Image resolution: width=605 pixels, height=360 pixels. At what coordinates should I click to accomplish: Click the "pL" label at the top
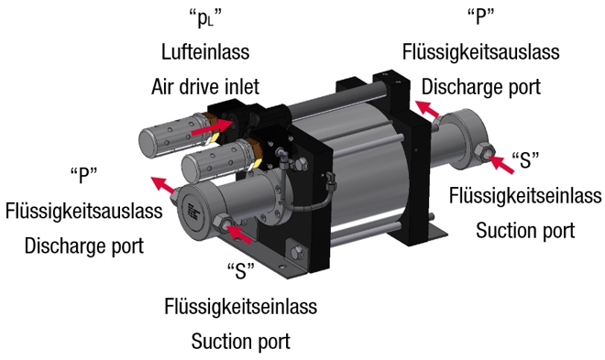coord(205,18)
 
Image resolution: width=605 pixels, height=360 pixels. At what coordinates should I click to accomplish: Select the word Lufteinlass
coord(205,51)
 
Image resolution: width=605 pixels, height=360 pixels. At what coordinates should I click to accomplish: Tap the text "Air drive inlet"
coord(205,86)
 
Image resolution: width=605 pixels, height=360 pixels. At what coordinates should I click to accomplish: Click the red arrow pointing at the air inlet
coord(212,126)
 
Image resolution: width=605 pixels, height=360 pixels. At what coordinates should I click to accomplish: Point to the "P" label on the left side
coord(83,175)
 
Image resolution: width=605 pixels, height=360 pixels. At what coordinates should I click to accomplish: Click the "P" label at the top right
coord(480,16)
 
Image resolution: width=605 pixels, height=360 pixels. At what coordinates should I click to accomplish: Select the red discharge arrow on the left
coord(163,185)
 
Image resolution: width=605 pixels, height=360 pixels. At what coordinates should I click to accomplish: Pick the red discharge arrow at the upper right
coord(427,108)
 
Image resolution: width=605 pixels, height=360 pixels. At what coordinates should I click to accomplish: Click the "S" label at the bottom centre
coord(241,270)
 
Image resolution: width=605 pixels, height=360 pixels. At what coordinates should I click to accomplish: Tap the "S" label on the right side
coord(525,160)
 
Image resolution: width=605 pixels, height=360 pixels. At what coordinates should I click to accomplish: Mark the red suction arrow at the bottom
coord(238,234)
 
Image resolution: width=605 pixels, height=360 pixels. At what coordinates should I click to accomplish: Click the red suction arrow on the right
coord(501,164)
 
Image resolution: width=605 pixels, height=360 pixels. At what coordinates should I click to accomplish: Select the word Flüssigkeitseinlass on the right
coord(525,195)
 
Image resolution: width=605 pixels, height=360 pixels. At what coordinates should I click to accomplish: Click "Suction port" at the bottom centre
coord(241,341)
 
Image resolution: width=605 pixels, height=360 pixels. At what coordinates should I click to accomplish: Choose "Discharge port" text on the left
coord(83,245)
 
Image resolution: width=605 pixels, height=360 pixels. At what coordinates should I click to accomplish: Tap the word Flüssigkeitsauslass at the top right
coord(480,51)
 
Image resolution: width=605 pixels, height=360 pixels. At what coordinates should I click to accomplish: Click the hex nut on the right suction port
coord(483,153)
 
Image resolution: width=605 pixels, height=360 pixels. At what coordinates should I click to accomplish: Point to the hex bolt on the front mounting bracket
coord(296,253)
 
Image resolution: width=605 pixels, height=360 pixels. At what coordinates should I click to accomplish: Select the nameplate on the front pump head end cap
coord(192,212)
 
